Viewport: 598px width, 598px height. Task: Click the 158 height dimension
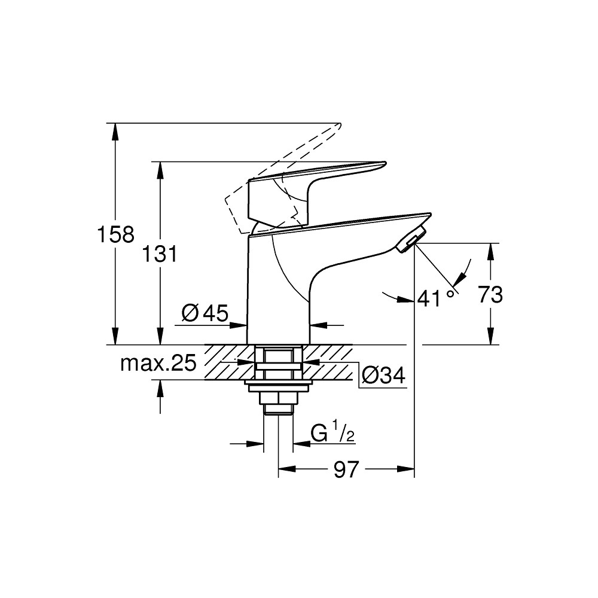(x=116, y=234)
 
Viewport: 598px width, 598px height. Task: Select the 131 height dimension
(x=159, y=254)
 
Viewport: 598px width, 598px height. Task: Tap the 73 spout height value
(x=490, y=295)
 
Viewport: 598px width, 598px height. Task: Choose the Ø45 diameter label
(x=204, y=313)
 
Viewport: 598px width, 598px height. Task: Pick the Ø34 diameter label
(x=383, y=375)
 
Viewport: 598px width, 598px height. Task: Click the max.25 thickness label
(x=158, y=363)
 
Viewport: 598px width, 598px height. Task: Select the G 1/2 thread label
(x=333, y=432)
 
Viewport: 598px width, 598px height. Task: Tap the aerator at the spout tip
(x=412, y=239)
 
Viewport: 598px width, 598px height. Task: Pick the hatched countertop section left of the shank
(x=226, y=362)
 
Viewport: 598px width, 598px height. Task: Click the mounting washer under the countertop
(x=278, y=382)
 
